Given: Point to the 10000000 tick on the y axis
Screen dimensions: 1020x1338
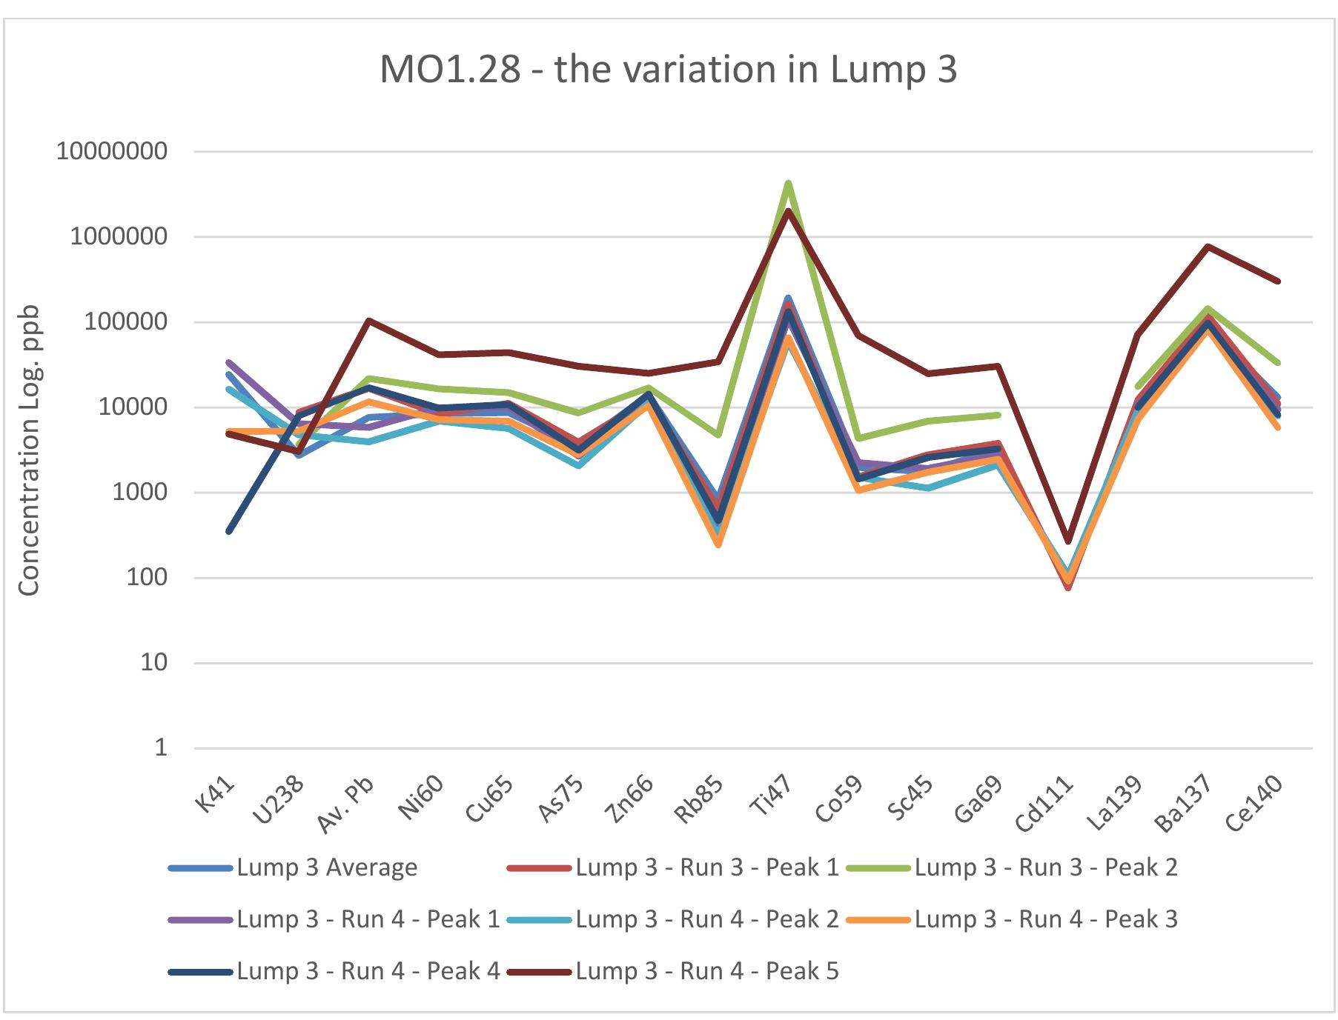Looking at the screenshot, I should pos(112,152).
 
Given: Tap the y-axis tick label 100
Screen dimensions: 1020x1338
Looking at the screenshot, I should pos(147,578).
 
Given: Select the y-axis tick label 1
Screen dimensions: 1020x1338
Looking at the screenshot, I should pos(161,748).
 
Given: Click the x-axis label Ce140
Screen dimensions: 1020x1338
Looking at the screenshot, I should pos(1256,804).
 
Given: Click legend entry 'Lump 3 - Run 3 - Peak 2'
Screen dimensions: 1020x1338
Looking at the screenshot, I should pos(1045,867).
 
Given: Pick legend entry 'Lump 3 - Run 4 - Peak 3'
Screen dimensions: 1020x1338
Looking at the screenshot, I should pos(1045,919).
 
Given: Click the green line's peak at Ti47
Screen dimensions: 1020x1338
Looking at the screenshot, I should pos(788,182).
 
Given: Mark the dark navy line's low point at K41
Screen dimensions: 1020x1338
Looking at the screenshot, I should pos(229,531).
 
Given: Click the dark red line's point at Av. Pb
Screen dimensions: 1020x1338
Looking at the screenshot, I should pos(368,321).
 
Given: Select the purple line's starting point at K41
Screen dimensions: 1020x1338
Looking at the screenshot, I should pos(229,362).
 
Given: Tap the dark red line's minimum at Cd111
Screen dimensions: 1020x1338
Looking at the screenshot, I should pos(1067,541).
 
